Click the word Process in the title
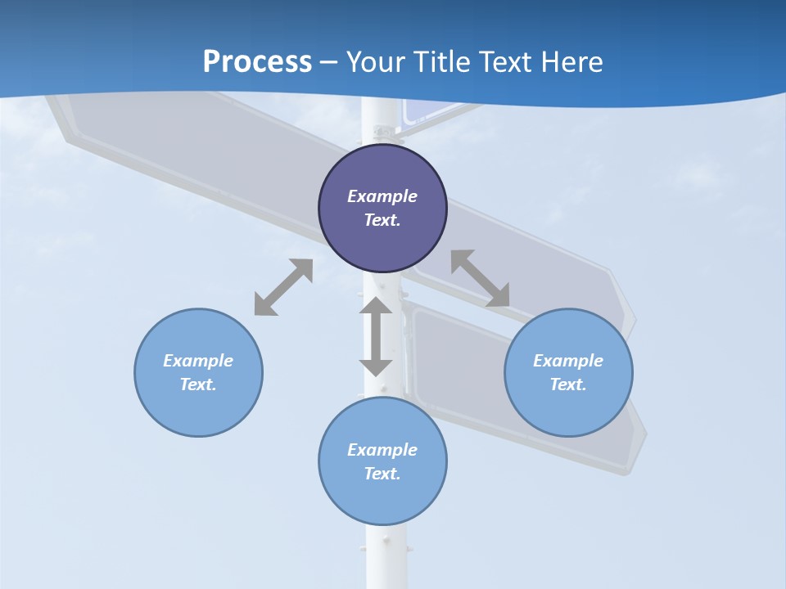point(257,62)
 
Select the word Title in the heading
point(444,62)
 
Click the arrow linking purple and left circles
point(283,287)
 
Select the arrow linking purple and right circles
point(480,278)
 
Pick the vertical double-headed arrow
point(376,337)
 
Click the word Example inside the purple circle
point(382,196)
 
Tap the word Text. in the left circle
point(198,384)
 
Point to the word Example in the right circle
point(568,361)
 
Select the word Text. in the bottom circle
point(382,474)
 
